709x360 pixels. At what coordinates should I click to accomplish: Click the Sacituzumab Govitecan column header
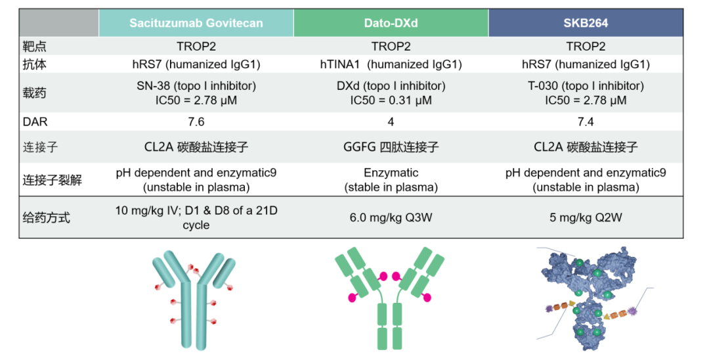[x=196, y=23]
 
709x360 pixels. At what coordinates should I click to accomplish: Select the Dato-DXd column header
[x=391, y=23]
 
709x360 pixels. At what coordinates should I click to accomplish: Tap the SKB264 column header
[x=586, y=23]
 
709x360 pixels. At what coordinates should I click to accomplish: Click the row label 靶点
[x=35, y=47]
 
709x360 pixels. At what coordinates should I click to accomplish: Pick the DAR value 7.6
[x=196, y=122]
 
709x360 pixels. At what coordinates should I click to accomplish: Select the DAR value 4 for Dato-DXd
[x=391, y=122]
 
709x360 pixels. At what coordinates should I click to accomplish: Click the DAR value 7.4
[x=586, y=122]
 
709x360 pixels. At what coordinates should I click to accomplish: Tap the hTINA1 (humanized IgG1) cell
[x=391, y=64]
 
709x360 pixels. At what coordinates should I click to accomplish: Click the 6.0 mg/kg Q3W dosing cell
[x=391, y=217]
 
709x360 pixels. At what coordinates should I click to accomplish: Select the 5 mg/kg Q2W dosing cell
[x=586, y=217]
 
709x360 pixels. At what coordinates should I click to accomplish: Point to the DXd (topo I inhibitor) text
[x=391, y=86]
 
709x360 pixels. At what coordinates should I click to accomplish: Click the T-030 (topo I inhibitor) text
[x=586, y=86]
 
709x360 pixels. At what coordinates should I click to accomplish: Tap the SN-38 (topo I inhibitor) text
[x=196, y=86]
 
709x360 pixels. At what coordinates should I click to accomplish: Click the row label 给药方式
[x=46, y=217]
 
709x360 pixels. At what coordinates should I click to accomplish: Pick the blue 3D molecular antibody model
[x=588, y=299]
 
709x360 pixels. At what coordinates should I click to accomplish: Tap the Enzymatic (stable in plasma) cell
[x=391, y=180]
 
